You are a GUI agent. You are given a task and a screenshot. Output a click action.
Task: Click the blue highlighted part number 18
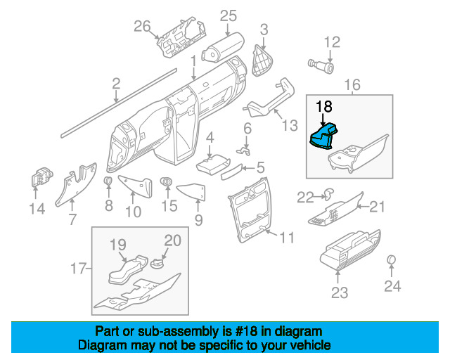(323, 137)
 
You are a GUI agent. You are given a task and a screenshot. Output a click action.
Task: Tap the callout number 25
(229, 15)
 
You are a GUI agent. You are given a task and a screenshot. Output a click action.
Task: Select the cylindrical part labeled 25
(223, 47)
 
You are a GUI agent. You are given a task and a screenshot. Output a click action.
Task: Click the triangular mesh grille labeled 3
(262, 61)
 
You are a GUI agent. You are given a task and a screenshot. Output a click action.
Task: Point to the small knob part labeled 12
(321, 66)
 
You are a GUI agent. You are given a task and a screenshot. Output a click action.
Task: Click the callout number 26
(142, 26)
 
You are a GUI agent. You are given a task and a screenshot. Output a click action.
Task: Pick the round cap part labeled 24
(392, 259)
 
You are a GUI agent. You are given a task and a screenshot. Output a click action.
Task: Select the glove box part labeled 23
(350, 250)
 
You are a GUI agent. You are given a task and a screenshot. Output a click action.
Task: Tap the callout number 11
(288, 238)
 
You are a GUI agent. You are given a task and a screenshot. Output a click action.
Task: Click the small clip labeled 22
(328, 193)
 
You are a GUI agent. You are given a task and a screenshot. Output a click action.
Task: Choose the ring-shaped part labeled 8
(108, 181)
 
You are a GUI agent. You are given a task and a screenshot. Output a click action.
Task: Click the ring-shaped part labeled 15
(167, 181)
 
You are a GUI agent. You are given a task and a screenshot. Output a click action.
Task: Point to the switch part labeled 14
(41, 177)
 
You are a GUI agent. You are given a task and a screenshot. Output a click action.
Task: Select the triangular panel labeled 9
(192, 191)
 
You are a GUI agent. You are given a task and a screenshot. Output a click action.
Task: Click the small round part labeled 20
(156, 263)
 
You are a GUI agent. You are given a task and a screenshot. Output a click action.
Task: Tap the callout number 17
(78, 269)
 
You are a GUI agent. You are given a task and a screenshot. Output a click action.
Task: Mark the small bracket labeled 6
(244, 150)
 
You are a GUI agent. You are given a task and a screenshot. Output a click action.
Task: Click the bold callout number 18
(324, 106)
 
